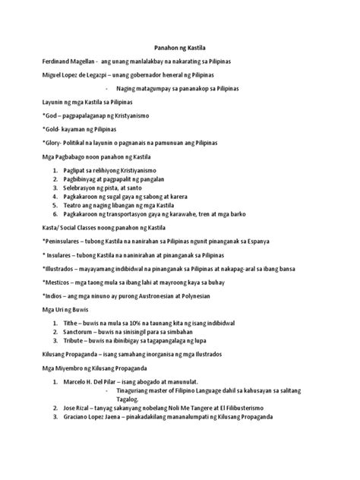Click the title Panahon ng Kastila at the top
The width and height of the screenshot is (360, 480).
click(x=179, y=48)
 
